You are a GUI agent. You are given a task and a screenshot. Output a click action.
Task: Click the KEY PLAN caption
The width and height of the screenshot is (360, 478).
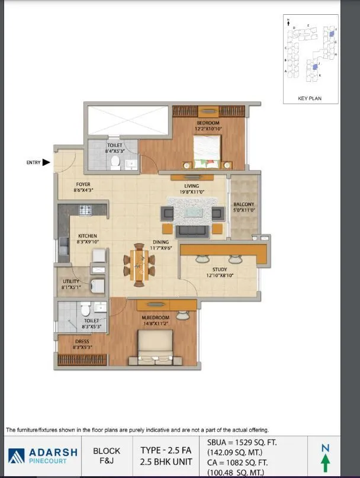[310, 98]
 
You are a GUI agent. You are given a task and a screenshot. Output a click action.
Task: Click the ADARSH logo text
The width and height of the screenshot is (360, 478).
[53, 451]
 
